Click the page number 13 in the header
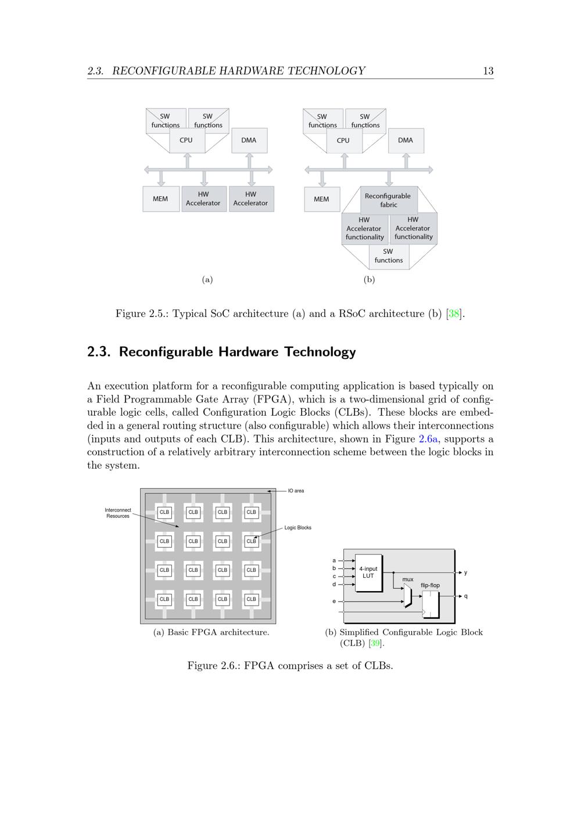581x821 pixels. [488, 71]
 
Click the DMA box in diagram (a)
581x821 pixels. [249, 140]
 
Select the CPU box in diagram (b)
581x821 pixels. [343, 141]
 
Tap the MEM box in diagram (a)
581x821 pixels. [160, 199]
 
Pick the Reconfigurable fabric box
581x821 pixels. [388, 200]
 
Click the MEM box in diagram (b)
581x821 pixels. [321, 199]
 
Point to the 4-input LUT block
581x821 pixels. [368, 572]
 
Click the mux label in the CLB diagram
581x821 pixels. [408, 579]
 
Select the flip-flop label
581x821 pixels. [430, 585]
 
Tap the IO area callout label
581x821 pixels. [296, 491]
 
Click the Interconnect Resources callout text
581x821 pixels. [118, 513]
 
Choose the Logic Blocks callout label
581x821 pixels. [297, 528]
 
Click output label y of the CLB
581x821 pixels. [465, 572]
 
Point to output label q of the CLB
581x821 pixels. [466, 596]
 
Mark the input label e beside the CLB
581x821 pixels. [334, 602]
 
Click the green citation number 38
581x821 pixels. [454, 314]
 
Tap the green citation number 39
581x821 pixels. [376, 643]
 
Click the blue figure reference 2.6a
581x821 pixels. [429, 439]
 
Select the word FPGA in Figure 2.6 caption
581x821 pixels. [259, 665]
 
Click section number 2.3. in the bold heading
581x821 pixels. [99, 352]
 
